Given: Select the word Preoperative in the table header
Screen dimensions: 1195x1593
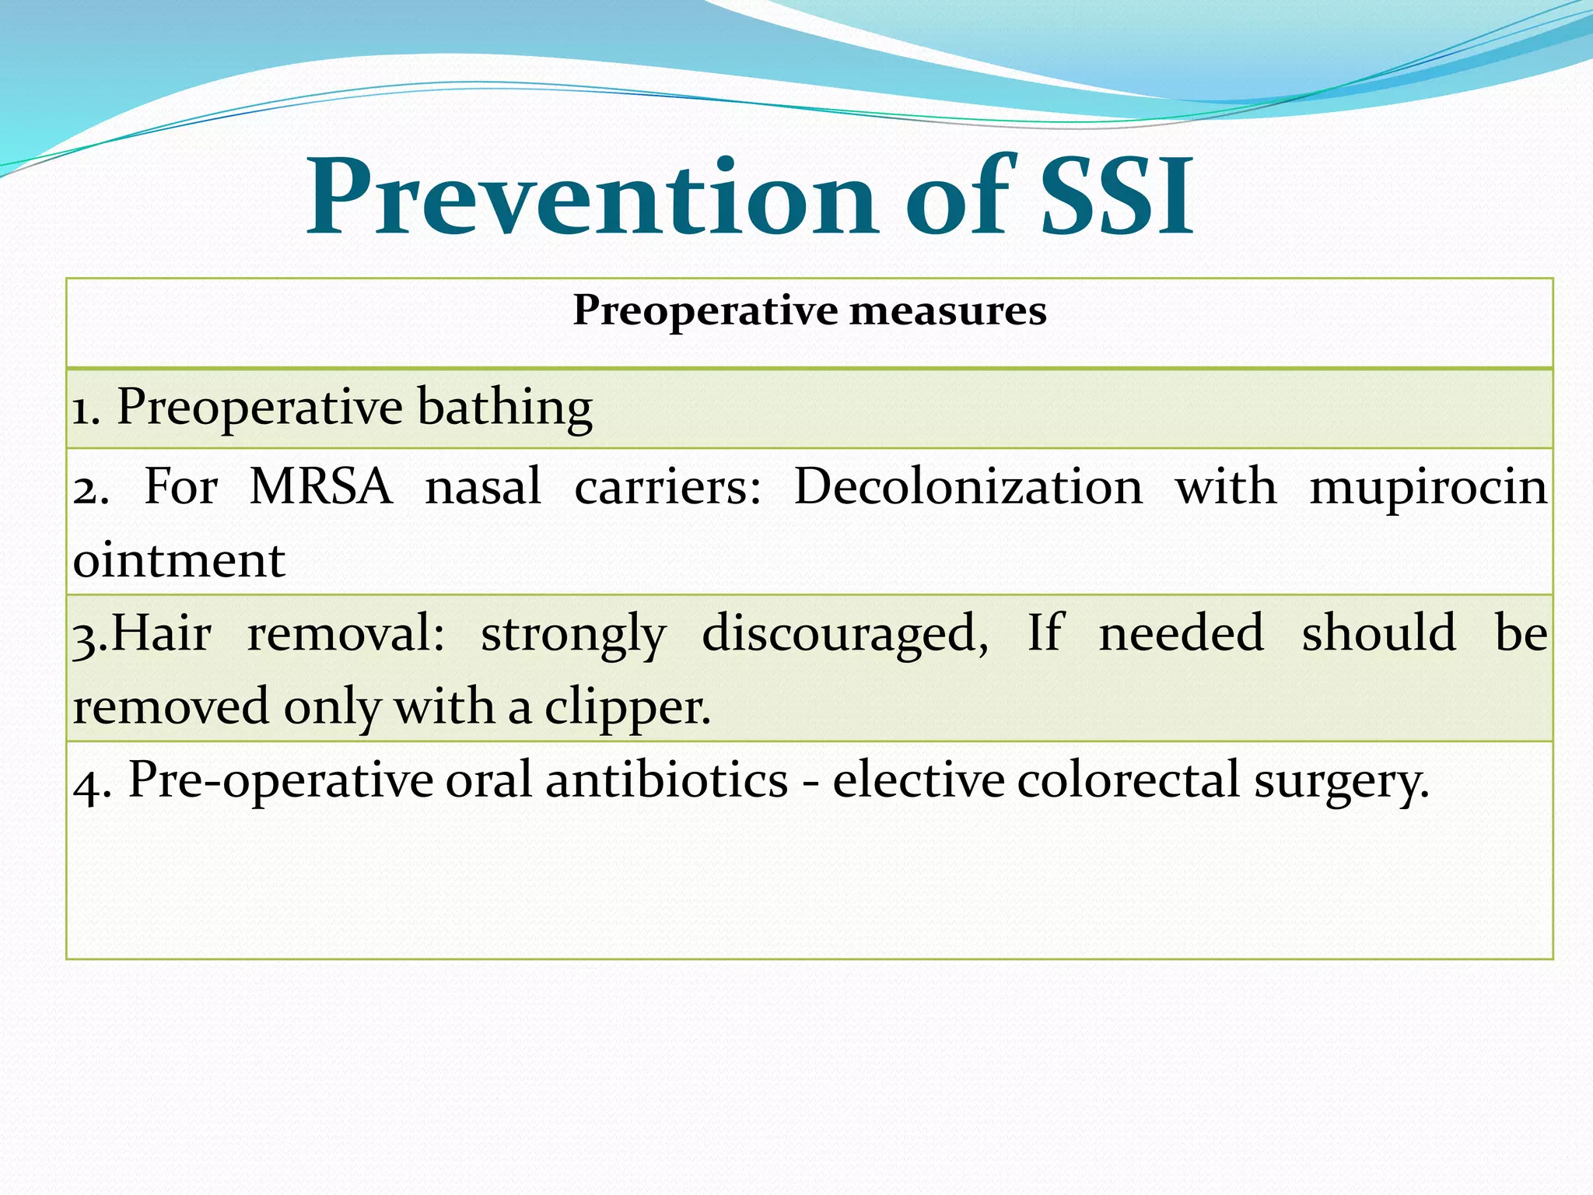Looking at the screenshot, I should (705, 311).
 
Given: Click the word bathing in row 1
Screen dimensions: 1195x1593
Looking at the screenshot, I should (504, 408).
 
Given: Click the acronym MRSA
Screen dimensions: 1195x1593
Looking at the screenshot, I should (320, 487).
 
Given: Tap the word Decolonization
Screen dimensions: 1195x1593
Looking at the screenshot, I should (968, 487).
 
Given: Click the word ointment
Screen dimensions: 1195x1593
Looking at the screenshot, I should (179, 560).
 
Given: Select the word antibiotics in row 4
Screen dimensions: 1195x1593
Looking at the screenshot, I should (667, 780).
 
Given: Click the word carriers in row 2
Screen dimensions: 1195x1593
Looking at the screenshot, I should (667, 487).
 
